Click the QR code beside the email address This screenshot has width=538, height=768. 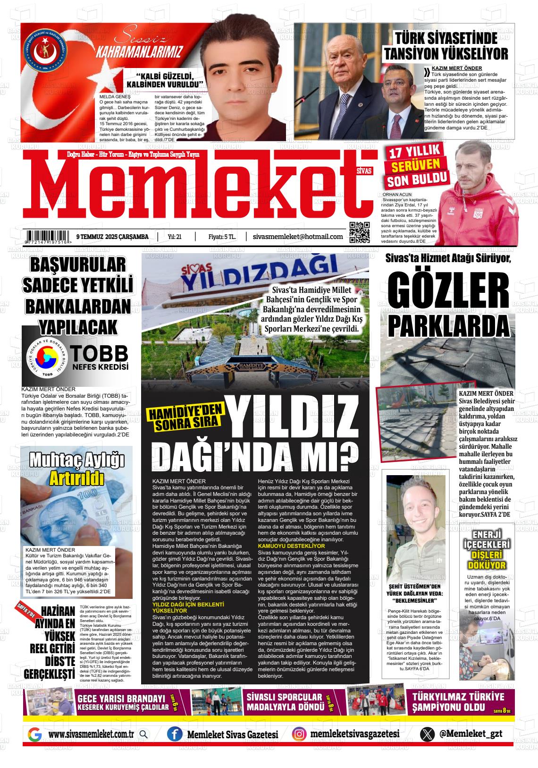(x=359, y=232)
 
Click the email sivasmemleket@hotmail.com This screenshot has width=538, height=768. (x=298, y=236)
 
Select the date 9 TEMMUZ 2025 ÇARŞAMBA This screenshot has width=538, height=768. (x=112, y=237)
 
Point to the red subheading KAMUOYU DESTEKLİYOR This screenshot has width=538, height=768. (x=291, y=546)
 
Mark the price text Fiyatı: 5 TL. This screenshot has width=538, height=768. (x=222, y=237)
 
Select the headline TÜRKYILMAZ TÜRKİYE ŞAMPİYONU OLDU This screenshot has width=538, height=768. (x=458, y=702)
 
